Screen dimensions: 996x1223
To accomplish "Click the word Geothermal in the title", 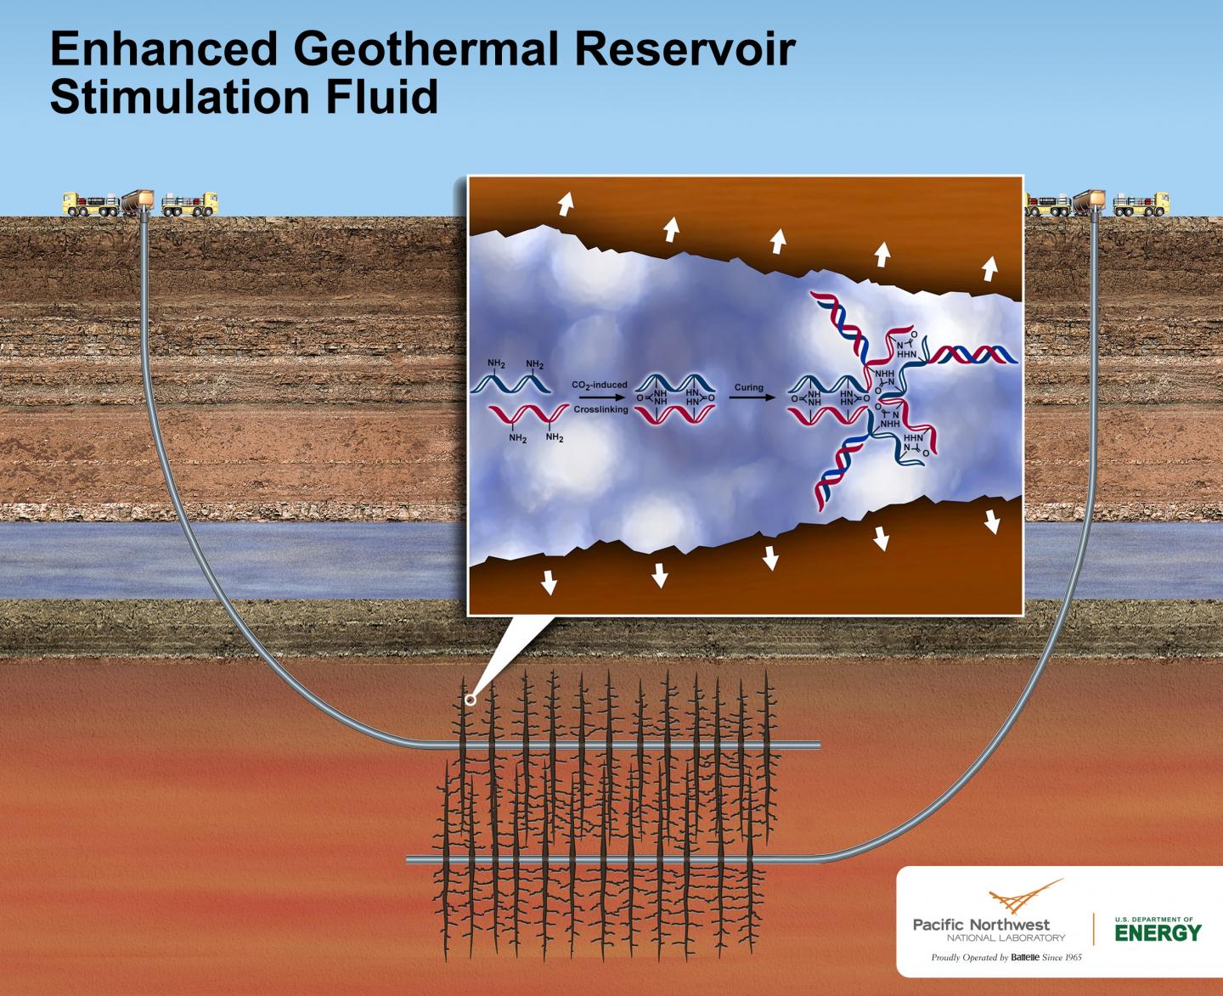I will [426, 50].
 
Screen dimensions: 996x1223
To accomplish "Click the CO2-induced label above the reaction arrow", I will [600, 385].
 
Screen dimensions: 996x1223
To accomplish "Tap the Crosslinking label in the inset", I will [600, 409].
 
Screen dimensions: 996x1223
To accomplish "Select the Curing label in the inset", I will [749, 387].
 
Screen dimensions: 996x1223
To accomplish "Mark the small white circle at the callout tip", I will [468, 701].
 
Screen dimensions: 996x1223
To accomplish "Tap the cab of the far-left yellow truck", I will [72, 202].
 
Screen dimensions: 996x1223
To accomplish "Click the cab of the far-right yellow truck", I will [1158, 202].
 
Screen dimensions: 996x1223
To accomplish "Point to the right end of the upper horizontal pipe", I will [818, 745].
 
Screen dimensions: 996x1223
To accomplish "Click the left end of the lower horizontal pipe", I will [410, 859].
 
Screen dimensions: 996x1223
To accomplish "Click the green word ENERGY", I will [1158, 933].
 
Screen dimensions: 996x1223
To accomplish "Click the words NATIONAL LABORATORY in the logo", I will [1006, 937].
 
